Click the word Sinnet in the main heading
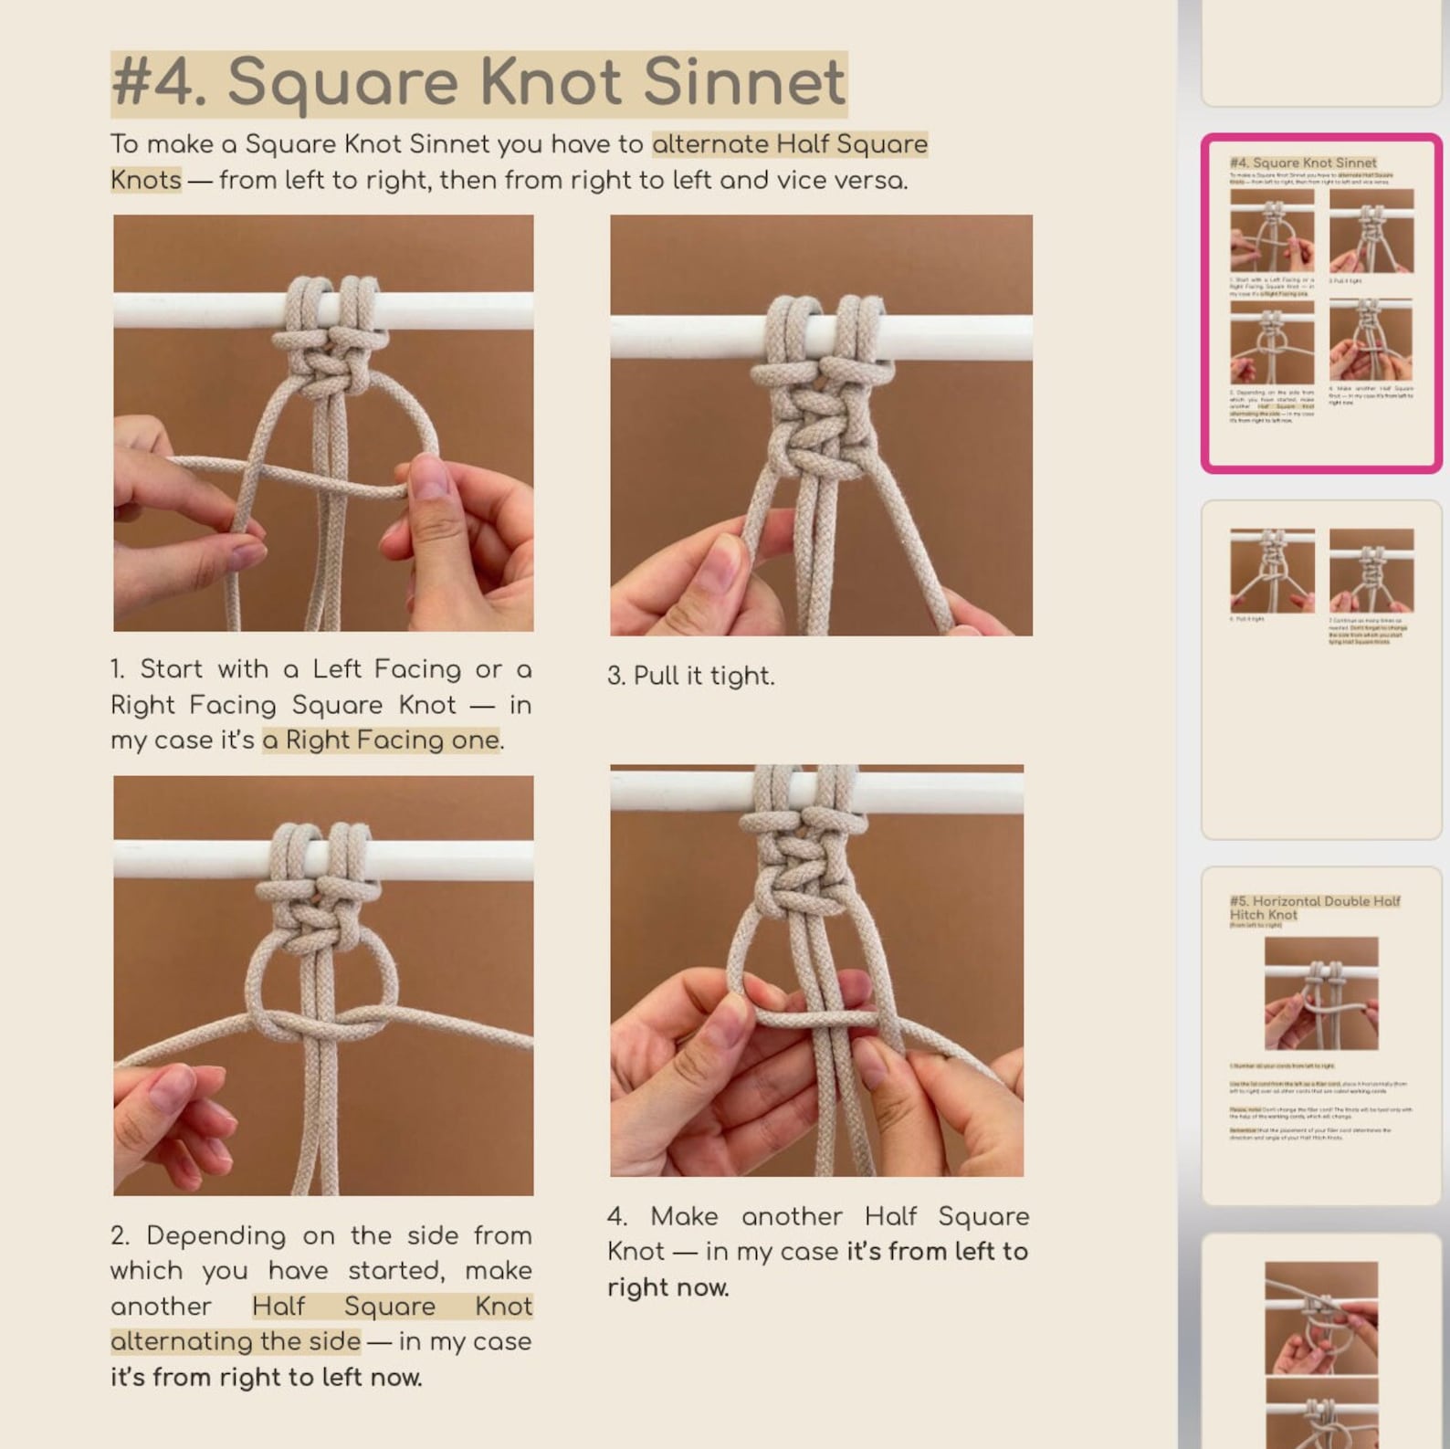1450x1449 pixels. (x=744, y=82)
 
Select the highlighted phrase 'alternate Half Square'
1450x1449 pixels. (x=790, y=144)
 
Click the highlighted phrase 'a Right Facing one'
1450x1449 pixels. (x=381, y=740)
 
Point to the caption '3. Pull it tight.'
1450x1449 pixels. (x=690, y=676)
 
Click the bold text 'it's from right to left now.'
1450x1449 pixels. (x=266, y=1377)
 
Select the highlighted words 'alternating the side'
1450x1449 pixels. (x=236, y=1341)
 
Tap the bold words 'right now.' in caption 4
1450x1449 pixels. (x=667, y=1287)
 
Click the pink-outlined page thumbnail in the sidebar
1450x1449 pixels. (x=1320, y=303)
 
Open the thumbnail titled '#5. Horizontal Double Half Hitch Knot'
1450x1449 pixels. (x=1320, y=1035)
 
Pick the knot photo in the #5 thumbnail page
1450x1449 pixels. (x=1320, y=993)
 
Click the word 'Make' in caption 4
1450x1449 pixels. (x=683, y=1216)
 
